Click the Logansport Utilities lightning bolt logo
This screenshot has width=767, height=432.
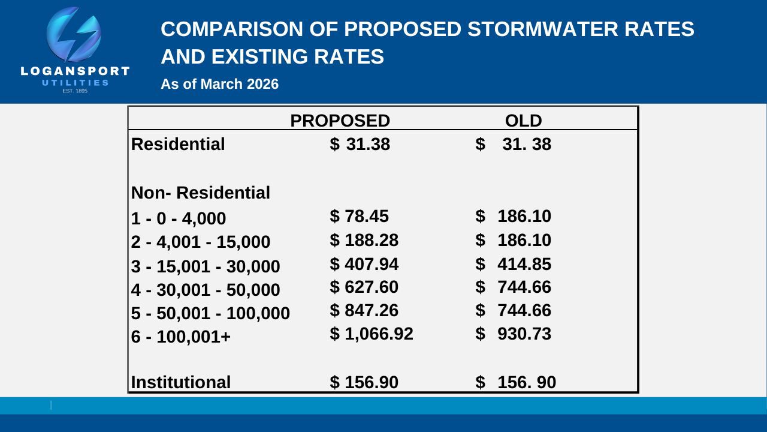pyautogui.click(x=74, y=36)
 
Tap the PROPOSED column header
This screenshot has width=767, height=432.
pyautogui.click(x=340, y=121)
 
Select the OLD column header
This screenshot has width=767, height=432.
pyautogui.click(x=523, y=121)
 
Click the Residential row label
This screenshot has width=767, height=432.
pyautogui.click(x=178, y=145)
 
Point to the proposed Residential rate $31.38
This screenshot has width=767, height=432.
pyautogui.click(x=360, y=145)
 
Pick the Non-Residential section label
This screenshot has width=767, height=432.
pyautogui.click(x=201, y=193)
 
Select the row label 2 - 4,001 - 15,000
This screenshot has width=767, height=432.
pyautogui.click(x=201, y=242)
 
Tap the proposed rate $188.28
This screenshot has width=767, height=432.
pyautogui.click(x=364, y=240)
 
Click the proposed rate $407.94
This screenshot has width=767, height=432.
pyautogui.click(x=364, y=264)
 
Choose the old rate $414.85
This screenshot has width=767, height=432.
pyautogui.click(x=513, y=264)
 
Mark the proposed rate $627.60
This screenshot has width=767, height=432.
pyautogui.click(x=364, y=287)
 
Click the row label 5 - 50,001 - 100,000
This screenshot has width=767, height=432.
pyautogui.click(x=210, y=313)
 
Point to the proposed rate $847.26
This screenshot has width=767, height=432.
pyautogui.click(x=364, y=311)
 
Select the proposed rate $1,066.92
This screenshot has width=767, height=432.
pyautogui.click(x=372, y=334)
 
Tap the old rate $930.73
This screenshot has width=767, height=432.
pyautogui.click(x=513, y=334)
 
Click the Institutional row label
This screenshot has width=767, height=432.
pyautogui.click(x=181, y=382)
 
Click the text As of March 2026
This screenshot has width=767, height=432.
pyautogui.click(x=219, y=84)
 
